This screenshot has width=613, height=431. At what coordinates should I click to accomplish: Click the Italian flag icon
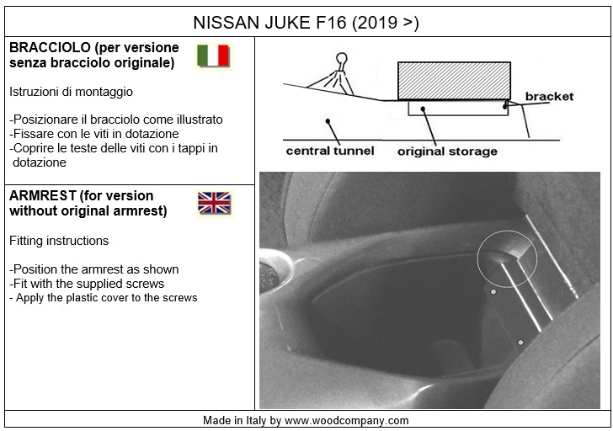(213, 56)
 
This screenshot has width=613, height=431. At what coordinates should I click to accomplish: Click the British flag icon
(214, 203)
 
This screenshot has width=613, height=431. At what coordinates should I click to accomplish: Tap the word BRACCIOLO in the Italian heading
(50, 48)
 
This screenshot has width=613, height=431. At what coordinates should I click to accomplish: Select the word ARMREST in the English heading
(43, 195)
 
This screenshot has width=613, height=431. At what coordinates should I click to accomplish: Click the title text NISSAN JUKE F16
(269, 23)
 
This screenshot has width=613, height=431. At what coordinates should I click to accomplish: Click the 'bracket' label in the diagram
(549, 97)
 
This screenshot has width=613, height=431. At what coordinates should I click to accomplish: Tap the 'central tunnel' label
(330, 151)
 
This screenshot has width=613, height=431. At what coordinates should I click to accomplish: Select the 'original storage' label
(447, 152)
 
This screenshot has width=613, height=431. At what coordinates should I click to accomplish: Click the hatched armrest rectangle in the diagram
(455, 81)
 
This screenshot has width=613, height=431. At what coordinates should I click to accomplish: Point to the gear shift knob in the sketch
(341, 60)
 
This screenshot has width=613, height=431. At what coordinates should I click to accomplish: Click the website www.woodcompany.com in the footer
(346, 421)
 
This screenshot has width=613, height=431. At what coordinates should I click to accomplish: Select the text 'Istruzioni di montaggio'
(71, 92)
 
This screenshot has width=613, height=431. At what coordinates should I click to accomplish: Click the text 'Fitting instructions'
(59, 241)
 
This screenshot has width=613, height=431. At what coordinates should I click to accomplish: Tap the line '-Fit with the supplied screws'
(87, 284)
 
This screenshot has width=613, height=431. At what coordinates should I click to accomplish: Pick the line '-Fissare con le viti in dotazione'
(93, 134)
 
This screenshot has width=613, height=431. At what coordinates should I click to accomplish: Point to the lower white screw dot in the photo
(520, 343)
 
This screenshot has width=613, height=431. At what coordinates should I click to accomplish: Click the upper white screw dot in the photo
(493, 291)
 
